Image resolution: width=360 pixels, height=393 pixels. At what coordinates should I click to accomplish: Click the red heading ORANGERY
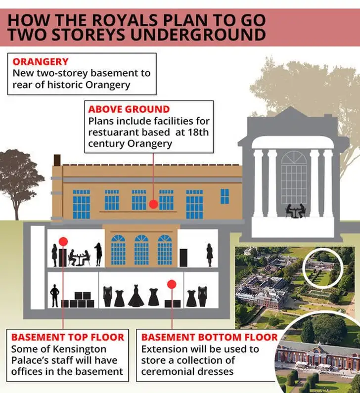coord(41,62)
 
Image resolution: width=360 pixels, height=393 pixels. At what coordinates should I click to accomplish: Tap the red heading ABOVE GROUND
coord(129,109)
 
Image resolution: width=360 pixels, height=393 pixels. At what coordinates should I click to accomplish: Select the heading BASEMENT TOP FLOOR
coord(68,337)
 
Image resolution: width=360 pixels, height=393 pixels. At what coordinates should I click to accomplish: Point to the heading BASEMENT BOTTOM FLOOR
coord(210,337)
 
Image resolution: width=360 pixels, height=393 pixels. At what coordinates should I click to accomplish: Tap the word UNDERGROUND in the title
coord(198,35)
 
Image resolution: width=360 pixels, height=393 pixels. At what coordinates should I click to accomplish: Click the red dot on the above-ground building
coord(153,204)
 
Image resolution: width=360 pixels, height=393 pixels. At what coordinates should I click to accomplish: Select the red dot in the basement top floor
coord(63,242)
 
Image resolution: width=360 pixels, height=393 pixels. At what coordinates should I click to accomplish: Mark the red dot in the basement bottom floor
coord(172,284)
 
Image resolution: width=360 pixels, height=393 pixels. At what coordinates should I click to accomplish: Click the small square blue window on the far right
coord(225,196)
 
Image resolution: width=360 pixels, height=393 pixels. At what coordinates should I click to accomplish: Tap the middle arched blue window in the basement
coord(141,250)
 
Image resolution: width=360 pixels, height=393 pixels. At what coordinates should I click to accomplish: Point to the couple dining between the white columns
coord(296,211)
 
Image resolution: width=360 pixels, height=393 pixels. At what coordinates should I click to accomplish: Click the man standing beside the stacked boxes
coord(54,296)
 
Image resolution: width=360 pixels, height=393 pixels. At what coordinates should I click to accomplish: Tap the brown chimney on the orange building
coord(57,160)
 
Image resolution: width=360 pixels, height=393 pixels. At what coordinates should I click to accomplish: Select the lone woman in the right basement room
coord(209,255)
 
